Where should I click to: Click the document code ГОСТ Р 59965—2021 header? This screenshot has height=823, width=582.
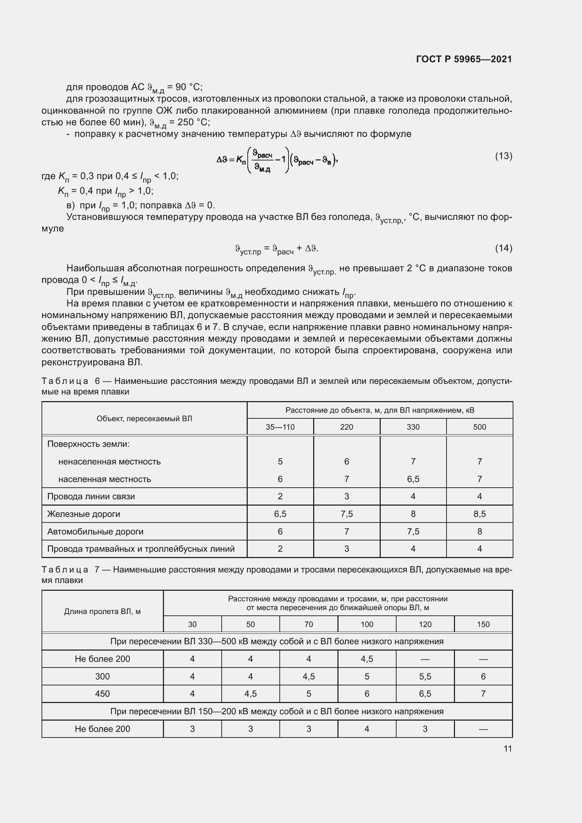[464, 59]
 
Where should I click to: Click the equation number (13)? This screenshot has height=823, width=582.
[504, 156]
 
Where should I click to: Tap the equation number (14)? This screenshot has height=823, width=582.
[504, 248]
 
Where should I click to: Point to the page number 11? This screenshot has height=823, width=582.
[507, 748]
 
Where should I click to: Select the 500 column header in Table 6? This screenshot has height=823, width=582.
[479, 427]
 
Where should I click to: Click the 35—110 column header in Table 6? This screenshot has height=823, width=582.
[280, 427]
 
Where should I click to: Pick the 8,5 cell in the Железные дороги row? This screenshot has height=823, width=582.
[479, 514]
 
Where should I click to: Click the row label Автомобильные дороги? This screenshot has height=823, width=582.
[95, 532]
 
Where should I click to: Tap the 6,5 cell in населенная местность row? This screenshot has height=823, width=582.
[413, 479]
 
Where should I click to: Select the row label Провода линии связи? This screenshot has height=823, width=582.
[91, 496]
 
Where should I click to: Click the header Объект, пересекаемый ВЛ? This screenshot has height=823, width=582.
[144, 418]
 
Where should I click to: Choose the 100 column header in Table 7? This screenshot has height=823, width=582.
[367, 625]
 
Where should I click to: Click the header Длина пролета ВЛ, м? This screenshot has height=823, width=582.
[102, 612]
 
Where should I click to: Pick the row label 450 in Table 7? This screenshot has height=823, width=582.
[102, 694]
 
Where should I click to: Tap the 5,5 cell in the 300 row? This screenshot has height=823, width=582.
[425, 676]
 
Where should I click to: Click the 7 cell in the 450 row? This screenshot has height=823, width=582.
[483, 694]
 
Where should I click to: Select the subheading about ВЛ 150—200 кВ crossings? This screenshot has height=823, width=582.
[277, 711]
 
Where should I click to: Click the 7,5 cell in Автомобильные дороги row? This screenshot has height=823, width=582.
[413, 532]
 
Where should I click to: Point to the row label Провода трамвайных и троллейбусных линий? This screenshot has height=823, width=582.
[141, 549]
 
